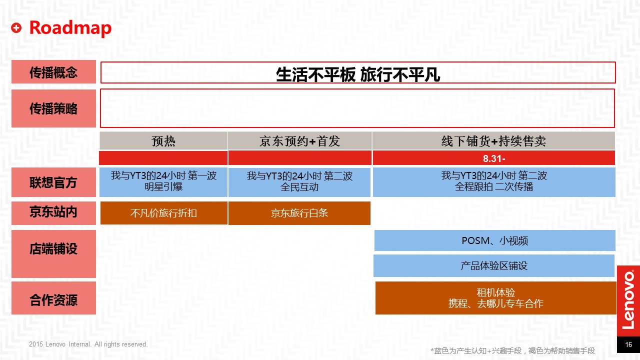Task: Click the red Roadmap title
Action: (70, 28)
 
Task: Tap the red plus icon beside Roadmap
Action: (16, 27)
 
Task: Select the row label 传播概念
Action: (53, 72)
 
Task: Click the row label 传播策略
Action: (53, 108)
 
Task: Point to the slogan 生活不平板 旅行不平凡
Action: (357, 74)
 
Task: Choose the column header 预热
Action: (163, 141)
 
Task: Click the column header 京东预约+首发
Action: (299, 141)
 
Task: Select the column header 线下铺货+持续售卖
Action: (493, 141)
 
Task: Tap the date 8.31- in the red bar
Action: (494, 158)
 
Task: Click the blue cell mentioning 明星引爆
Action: (163, 182)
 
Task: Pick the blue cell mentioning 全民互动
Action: (299, 182)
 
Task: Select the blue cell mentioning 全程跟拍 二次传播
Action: (494, 182)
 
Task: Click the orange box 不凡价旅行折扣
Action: (163, 213)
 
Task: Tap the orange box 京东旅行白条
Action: (299, 213)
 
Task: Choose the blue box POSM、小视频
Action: (495, 240)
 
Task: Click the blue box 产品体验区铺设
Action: (494, 265)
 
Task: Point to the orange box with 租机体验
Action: (495, 298)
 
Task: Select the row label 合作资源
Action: (53, 298)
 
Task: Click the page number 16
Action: (628, 344)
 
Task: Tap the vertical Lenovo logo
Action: (628, 300)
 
